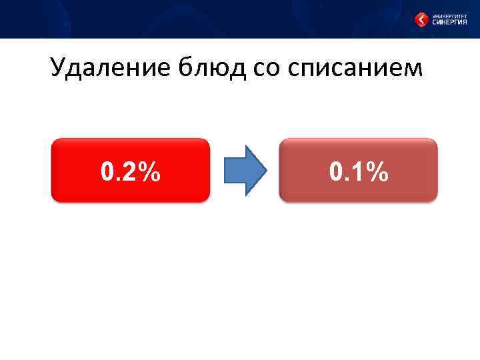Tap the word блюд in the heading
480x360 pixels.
(207, 68)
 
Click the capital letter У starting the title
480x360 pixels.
(58, 68)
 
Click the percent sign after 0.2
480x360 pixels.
(151, 172)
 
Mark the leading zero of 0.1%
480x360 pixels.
(337, 172)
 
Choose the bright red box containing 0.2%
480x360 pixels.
(131, 170)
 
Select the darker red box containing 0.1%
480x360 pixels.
(358, 170)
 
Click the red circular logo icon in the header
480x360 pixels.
(421, 19)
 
